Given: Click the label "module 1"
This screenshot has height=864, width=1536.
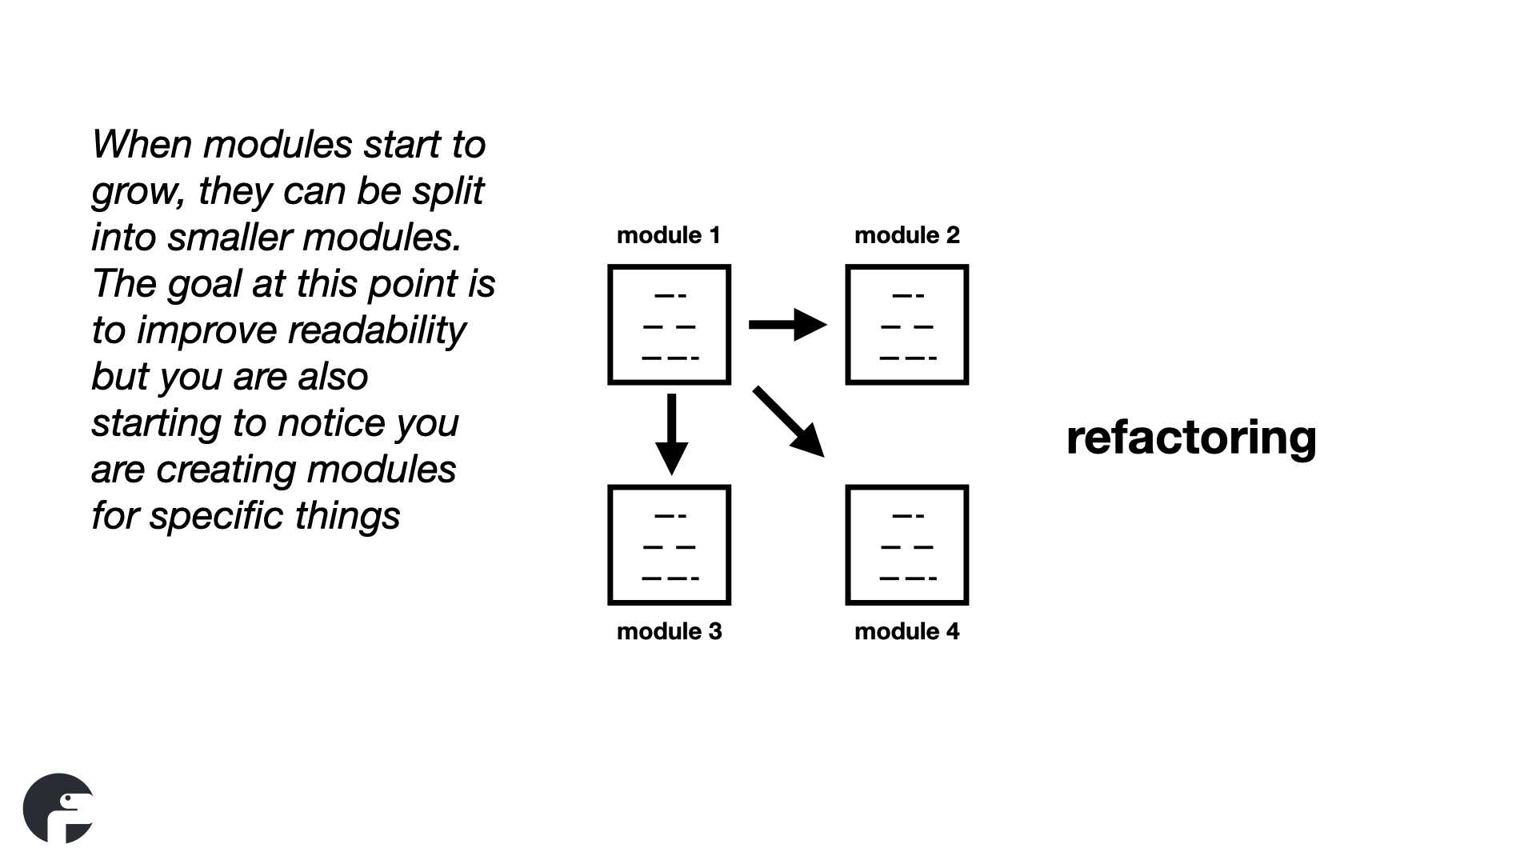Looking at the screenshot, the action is (x=669, y=235).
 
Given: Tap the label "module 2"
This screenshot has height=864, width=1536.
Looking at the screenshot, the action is (x=906, y=235).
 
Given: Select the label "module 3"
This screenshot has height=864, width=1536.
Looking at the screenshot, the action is (x=669, y=631).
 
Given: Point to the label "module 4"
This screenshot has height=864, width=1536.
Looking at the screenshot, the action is (x=906, y=631).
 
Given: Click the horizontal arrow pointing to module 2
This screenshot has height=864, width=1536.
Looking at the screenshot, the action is (x=788, y=325).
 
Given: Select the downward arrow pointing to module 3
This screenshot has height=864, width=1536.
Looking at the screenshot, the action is (x=671, y=434).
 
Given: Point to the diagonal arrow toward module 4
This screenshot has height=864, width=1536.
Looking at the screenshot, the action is (x=788, y=422).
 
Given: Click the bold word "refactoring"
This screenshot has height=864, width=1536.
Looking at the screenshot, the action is (x=1191, y=438).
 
